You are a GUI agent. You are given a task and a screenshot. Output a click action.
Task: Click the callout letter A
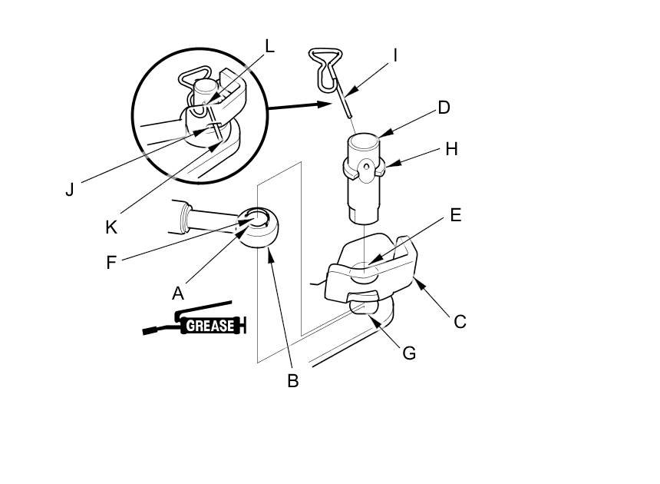coord(178,293)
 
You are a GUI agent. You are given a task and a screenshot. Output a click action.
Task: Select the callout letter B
coord(292,380)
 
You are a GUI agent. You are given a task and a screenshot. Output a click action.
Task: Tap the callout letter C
coord(460,321)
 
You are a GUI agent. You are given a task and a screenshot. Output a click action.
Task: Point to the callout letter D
coord(444,107)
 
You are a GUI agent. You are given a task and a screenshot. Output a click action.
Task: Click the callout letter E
coord(455,215)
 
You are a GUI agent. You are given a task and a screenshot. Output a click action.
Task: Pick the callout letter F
coord(111,262)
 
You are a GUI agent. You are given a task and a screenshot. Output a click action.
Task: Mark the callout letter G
coord(409,353)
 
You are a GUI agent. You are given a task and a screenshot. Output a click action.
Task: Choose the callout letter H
coord(451,149)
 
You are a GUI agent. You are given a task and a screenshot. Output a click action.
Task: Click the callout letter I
coord(395,55)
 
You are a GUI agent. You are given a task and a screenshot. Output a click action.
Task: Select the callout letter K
coord(111,227)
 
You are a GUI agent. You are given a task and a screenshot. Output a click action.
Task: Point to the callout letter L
coord(269,46)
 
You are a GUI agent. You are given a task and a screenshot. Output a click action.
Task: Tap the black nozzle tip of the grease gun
coord(149,331)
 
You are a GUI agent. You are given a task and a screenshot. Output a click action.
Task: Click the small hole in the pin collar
coord(367,167)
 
